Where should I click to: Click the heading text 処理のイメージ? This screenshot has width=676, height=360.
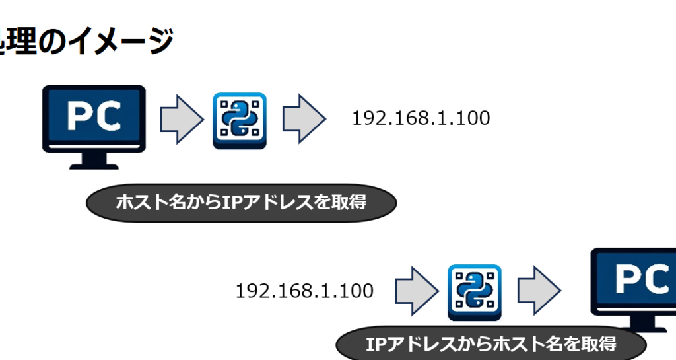[x=86, y=41]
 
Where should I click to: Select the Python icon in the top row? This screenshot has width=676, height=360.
[x=239, y=120]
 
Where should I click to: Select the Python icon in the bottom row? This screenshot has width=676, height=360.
[x=474, y=293]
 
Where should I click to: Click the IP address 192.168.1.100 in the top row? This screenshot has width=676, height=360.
[x=421, y=119]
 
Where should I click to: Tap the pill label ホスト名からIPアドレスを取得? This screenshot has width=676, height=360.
[x=241, y=203]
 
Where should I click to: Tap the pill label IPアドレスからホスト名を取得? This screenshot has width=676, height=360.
[x=490, y=344]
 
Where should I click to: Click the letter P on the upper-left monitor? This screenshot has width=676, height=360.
[x=81, y=116]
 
